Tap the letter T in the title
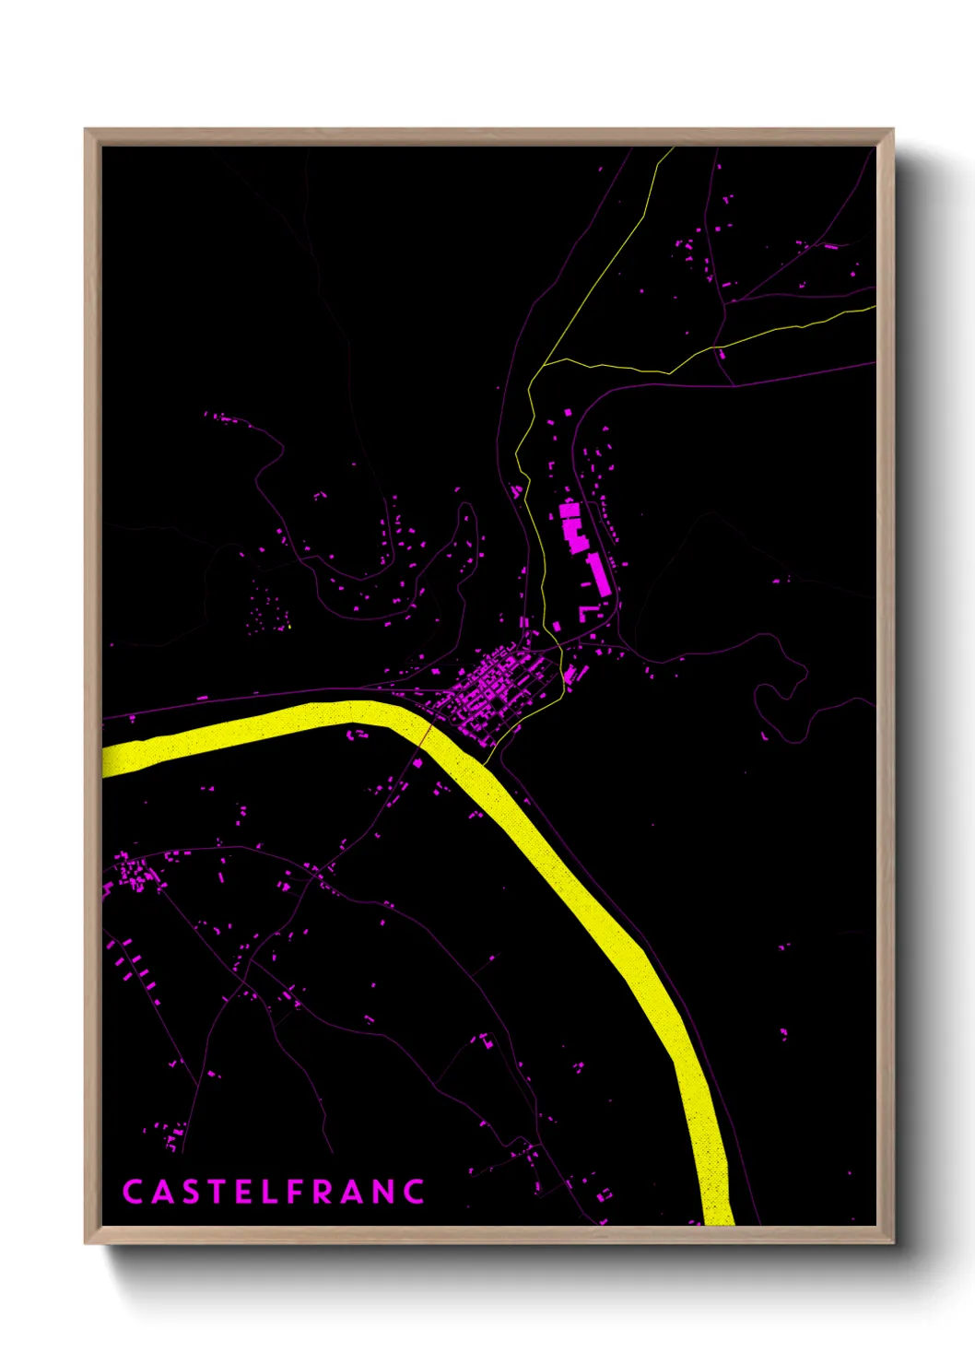tap(216, 1192)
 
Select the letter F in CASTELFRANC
tap(296, 1192)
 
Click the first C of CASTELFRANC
tap(132, 1192)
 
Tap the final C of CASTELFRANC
tap(415, 1192)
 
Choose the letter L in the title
tap(269, 1192)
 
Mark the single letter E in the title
tap(242, 1192)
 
